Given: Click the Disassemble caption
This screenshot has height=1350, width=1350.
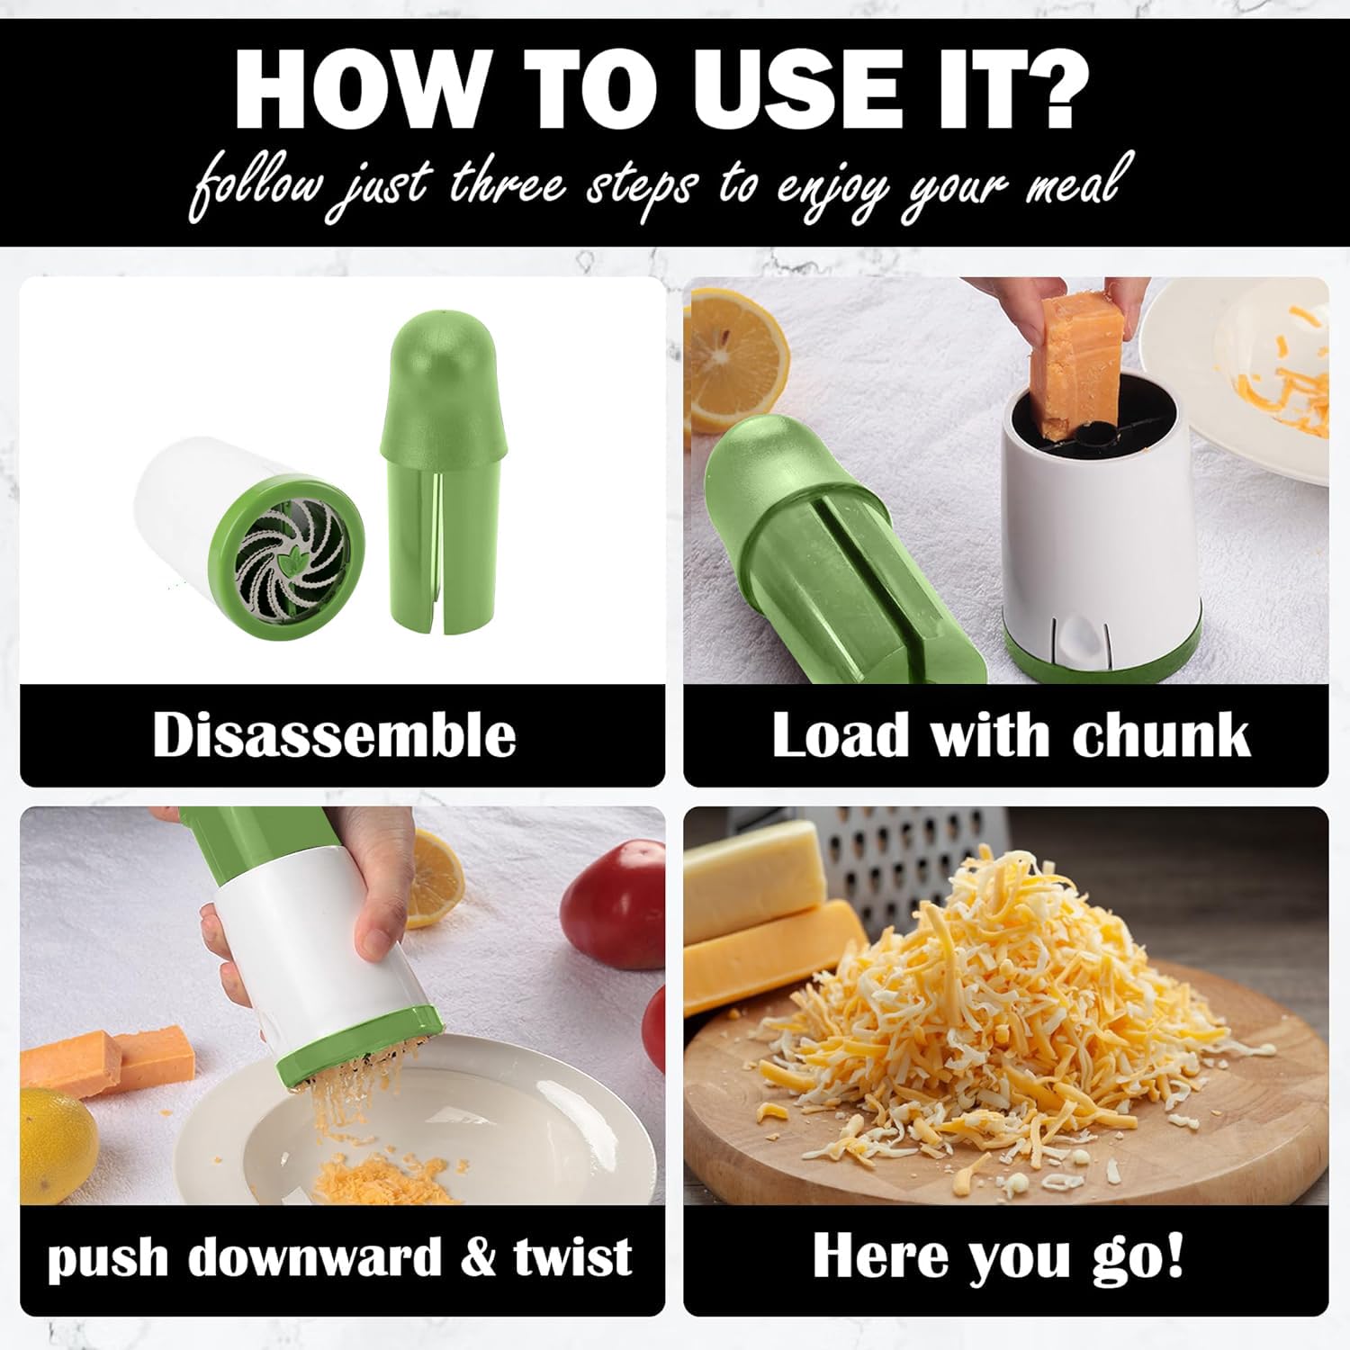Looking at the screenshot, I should (x=334, y=734).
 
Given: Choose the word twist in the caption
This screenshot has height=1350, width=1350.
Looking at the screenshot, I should (x=573, y=1256).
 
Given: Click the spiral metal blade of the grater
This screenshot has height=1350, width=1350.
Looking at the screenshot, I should (x=286, y=554).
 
